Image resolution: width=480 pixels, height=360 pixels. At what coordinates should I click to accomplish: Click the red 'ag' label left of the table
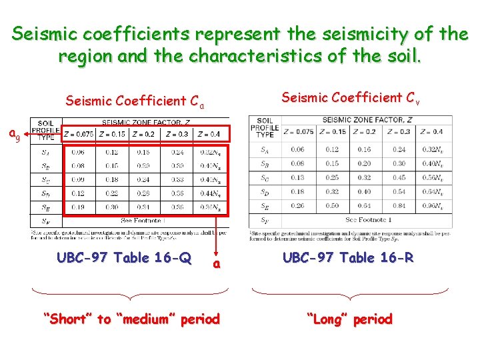tap(14, 135)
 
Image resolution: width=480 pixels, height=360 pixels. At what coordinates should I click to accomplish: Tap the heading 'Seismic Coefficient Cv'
tap(350, 98)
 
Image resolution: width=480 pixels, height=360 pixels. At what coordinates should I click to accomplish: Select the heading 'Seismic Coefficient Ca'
tap(134, 102)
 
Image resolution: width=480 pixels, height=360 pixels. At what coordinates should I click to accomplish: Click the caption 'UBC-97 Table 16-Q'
tap(124, 257)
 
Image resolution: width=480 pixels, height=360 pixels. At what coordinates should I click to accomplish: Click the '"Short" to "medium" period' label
tap(131, 319)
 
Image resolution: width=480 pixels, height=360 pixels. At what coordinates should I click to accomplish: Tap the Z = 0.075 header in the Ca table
tap(80, 133)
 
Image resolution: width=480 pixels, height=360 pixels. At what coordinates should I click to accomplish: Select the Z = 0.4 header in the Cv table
tap(434, 131)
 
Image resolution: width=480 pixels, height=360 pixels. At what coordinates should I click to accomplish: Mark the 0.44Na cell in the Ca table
tap(210, 193)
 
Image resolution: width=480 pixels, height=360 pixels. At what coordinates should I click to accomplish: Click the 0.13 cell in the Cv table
tap(297, 177)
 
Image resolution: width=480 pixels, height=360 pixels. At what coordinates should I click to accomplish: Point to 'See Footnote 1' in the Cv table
tap(367, 219)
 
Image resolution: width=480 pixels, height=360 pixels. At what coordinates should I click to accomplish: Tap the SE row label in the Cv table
tap(265, 206)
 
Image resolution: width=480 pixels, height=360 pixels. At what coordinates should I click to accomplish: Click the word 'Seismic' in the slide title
tap(47, 33)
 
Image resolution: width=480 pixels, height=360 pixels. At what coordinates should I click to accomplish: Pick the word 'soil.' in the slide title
tap(400, 56)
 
